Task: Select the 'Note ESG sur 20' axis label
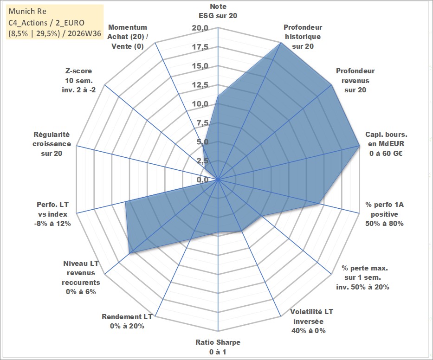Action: tap(218, 11)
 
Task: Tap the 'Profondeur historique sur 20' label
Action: tap(303, 37)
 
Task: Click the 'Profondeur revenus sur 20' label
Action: tap(355, 80)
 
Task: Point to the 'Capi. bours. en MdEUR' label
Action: tap(386, 139)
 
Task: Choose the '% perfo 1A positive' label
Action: tap(384, 209)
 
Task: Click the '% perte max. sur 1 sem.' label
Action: tap(364, 272)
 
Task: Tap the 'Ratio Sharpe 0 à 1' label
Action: tap(218, 347)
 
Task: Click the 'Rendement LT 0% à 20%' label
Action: tap(127, 321)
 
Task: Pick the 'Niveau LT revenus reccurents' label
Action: tap(81, 273)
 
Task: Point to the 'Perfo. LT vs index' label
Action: tap(52, 209)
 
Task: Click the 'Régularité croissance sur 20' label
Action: tap(52, 144)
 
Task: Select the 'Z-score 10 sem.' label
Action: tap(79, 76)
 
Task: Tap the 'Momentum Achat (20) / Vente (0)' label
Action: tap(128, 37)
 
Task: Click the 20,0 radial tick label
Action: tap(200, 28)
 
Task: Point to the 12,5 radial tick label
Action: tap(200, 85)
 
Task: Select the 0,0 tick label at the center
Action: tap(203, 180)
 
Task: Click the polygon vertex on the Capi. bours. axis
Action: tap(359, 146)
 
